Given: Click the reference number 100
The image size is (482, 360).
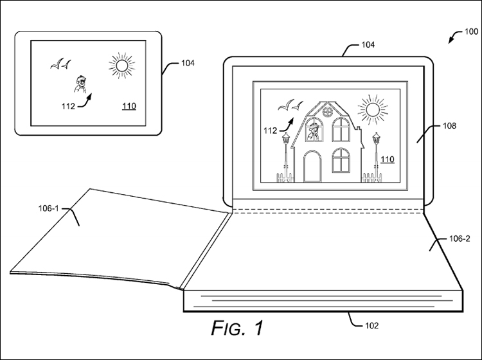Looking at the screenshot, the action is (x=471, y=32).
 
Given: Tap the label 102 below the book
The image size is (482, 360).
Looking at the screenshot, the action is (x=371, y=325).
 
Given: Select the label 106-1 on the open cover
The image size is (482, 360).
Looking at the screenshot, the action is (x=48, y=208).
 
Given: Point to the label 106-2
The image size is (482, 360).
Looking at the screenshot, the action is (x=460, y=239).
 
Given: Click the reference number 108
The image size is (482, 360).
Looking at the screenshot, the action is (x=449, y=126).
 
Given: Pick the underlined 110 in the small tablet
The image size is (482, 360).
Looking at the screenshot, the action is (x=129, y=106).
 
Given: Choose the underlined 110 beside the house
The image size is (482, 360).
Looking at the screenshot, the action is (x=388, y=159).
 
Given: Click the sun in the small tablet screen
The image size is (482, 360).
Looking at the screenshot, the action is (x=121, y=66).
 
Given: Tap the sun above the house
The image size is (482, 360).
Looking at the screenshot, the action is (x=373, y=110).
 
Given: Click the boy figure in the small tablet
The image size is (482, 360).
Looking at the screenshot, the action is (x=80, y=84).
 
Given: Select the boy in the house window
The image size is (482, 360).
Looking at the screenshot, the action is (x=314, y=131).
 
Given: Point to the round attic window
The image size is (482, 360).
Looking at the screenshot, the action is (x=327, y=112).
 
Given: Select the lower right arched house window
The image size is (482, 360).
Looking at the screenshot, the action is (x=341, y=160).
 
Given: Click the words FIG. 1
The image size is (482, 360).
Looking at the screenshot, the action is (x=237, y=328).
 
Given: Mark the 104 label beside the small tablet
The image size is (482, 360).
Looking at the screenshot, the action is (x=188, y=63).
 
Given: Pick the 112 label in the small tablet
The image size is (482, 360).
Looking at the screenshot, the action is (x=68, y=106).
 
